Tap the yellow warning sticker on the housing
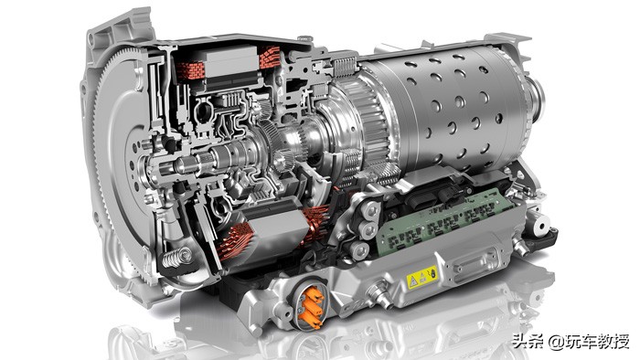click(x=421, y=277)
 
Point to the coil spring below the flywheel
click(x=177, y=258)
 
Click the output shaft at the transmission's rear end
click(x=536, y=98)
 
